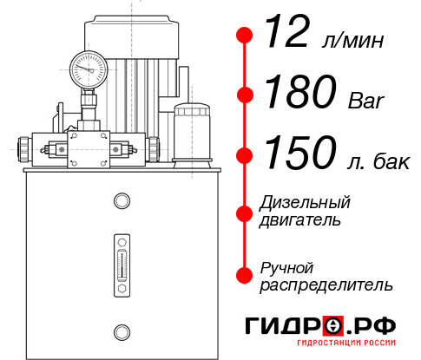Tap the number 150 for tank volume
coord(298,154)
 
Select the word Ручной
coord(286,266)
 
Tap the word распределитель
coord(326,285)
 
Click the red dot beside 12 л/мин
coord(246,36)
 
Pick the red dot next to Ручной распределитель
coord(246,274)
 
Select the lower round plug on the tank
coord(121,331)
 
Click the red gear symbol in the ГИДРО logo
coord(331,326)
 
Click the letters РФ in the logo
coord(375,326)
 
